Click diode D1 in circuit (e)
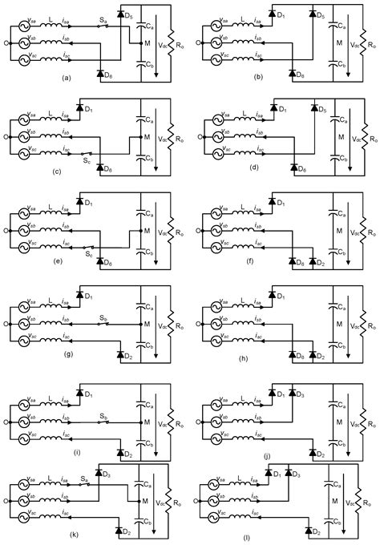coord(81,200)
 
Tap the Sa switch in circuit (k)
coord(86,481)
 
